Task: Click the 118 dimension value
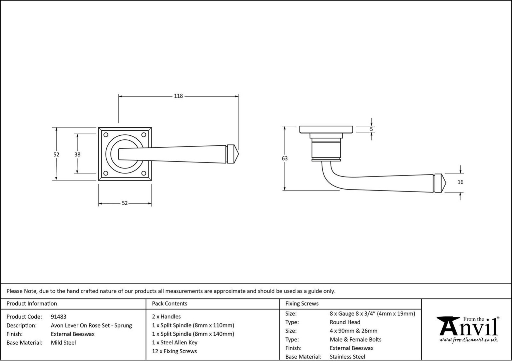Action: [x=178, y=96]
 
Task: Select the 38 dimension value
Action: [x=77, y=155]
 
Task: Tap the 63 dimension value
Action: [x=285, y=158]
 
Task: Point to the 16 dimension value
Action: [x=460, y=182]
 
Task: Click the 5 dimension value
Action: [x=372, y=129]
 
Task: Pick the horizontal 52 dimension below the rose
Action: [x=124, y=203]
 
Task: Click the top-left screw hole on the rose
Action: [x=106, y=135]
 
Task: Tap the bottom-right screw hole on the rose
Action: [x=144, y=173]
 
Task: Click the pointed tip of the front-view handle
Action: [x=238, y=154]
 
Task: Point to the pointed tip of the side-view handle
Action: [x=446, y=183]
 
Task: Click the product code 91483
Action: [x=58, y=317]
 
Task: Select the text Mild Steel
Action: [x=63, y=343]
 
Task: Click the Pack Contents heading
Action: [x=169, y=304]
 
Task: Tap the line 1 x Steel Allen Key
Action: [x=175, y=342]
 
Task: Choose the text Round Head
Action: [x=345, y=322]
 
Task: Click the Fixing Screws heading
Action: [x=302, y=304]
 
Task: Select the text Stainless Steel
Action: [x=348, y=357]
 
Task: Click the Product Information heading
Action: [x=32, y=304]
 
